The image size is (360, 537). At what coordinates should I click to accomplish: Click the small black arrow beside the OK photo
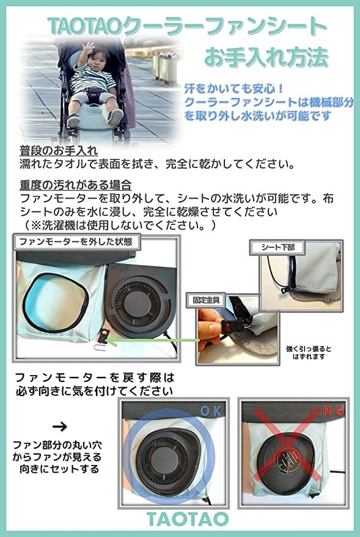[60, 425]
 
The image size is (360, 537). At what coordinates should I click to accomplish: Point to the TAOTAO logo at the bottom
[188, 519]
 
